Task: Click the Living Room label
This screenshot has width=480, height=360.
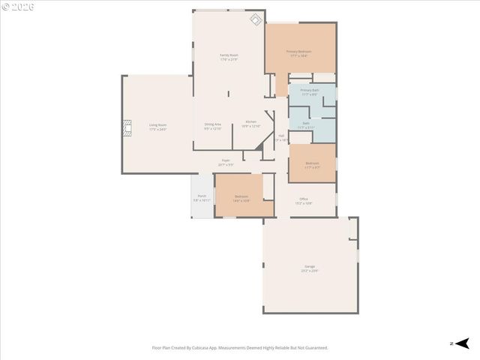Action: click(157, 126)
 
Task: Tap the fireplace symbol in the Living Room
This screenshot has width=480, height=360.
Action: click(127, 127)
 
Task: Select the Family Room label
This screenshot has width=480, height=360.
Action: click(229, 56)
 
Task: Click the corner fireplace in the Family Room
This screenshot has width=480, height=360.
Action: click(256, 19)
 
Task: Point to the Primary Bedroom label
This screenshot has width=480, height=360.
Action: click(299, 52)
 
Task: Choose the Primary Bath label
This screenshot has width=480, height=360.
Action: click(310, 91)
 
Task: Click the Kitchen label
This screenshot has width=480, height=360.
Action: click(250, 122)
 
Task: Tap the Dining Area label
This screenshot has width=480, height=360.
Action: click(213, 125)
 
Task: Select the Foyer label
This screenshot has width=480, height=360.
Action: click(226, 161)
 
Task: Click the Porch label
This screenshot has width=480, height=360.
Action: click(202, 199)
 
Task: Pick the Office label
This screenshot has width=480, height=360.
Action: click(303, 200)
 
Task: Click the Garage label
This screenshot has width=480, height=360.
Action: click(310, 268)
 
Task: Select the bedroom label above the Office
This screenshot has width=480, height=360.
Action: click(312, 164)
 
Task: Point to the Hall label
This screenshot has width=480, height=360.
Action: click(281, 136)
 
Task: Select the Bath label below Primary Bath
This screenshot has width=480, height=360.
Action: click(306, 124)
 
